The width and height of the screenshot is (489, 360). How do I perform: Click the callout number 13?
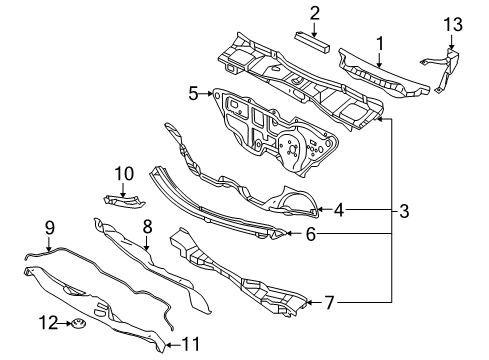[x=453, y=25]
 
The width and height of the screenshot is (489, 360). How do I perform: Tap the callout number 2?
[x=315, y=14]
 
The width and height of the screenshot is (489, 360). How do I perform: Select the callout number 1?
[x=380, y=44]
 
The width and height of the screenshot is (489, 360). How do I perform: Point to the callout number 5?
[x=193, y=93]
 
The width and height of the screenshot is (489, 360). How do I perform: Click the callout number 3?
[x=404, y=211]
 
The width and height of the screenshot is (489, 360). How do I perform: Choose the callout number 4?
[x=339, y=210]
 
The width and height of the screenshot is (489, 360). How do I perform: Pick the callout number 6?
[x=311, y=234]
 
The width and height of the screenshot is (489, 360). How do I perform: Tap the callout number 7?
[x=329, y=303]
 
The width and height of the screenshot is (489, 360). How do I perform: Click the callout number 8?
[x=147, y=227]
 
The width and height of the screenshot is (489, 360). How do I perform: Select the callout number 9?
[x=50, y=228]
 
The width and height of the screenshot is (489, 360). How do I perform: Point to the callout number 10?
[x=124, y=173]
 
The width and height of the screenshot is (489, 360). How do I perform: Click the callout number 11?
[x=191, y=344]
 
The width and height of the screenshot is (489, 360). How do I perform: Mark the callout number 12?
[x=49, y=323]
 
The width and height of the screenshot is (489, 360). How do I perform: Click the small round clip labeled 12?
[x=78, y=323]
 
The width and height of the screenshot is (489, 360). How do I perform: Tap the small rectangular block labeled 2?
[x=312, y=42]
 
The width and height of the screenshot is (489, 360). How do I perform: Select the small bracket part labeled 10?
[x=124, y=202]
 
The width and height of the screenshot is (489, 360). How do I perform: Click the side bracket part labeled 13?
[x=444, y=69]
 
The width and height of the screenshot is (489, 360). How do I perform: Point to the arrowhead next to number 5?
[x=210, y=94]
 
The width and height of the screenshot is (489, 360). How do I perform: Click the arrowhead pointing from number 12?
[x=68, y=323]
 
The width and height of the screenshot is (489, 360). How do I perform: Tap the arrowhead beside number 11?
[x=168, y=345]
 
